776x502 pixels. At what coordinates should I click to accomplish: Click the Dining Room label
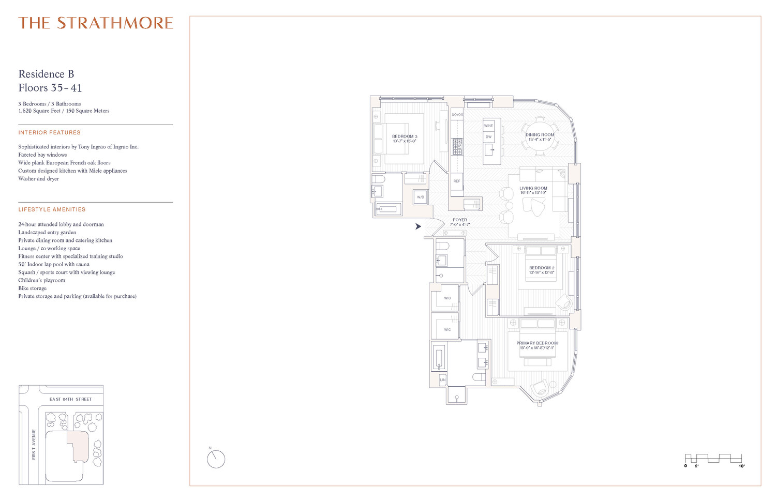(x=540, y=135)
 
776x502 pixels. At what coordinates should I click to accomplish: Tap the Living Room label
(x=533, y=189)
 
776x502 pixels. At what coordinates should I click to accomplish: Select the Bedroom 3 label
(x=405, y=136)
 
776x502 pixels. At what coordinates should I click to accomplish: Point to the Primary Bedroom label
(x=537, y=343)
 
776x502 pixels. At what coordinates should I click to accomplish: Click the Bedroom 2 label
(x=542, y=268)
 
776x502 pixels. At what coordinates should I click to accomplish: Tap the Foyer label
(x=460, y=220)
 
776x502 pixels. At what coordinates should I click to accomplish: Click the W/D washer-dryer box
(x=421, y=197)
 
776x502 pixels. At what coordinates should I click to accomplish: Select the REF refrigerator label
(x=457, y=181)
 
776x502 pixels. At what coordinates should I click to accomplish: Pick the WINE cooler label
(x=488, y=126)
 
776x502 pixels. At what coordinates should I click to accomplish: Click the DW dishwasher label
(x=488, y=137)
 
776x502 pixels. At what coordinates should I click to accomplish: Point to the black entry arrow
(x=418, y=226)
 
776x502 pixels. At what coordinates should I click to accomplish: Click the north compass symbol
(x=216, y=459)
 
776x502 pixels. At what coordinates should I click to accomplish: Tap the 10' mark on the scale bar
(x=741, y=466)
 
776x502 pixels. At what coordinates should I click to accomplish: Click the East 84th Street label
(x=70, y=399)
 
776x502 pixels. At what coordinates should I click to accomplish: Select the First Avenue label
(x=34, y=444)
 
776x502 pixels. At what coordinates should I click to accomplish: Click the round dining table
(x=540, y=136)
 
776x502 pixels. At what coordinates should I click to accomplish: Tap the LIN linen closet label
(x=443, y=380)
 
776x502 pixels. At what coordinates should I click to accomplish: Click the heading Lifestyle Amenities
(x=52, y=209)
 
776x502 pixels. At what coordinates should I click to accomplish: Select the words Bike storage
(x=33, y=288)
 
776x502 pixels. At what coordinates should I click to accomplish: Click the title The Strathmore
(x=96, y=23)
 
